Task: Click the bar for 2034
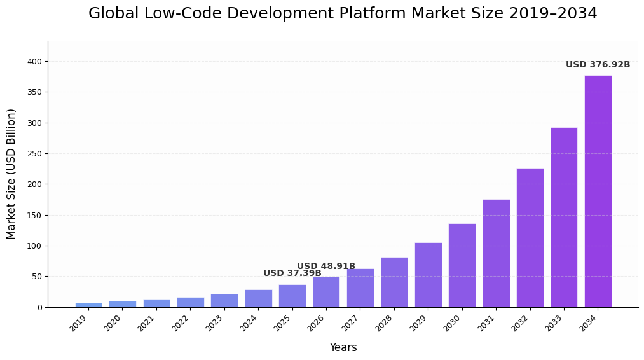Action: point(598,191)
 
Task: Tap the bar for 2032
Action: point(530,238)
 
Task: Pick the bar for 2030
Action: point(462,265)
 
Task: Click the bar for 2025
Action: point(292,296)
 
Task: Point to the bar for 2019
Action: point(88,305)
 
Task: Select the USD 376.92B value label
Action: point(598,65)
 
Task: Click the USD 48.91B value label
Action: point(326,267)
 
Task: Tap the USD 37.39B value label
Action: point(292,273)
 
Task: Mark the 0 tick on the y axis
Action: point(39,308)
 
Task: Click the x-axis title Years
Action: point(343,348)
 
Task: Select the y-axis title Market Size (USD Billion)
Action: point(11,174)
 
